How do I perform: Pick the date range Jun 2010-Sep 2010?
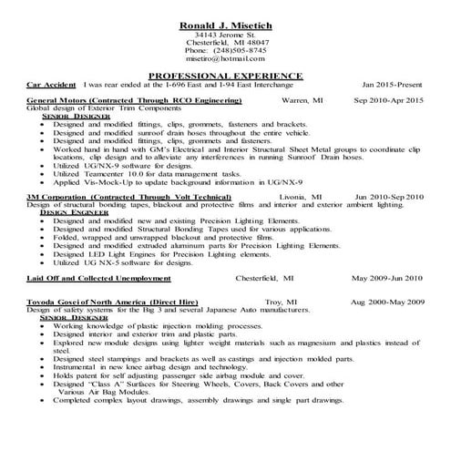(x=389, y=196)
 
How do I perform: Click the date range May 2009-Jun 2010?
(x=387, y=277)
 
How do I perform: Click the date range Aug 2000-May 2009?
(x=387, y=300)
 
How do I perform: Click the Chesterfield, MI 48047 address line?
(x=225, y=41)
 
